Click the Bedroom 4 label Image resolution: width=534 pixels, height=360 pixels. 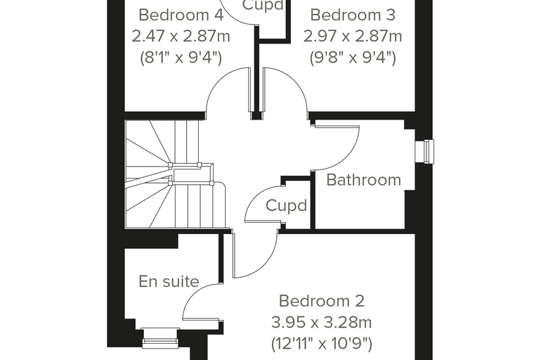181,15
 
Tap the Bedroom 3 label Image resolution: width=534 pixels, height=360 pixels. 353,15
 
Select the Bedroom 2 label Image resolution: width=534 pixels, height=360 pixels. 322,301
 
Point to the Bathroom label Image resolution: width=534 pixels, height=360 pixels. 364,180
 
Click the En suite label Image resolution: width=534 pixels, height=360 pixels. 169,281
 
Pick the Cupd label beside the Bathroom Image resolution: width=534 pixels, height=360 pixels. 286,205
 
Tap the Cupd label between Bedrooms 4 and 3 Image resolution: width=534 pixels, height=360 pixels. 263,5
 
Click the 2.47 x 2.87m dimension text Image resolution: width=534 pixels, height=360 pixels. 181,36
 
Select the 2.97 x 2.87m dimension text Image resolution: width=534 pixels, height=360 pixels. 353,36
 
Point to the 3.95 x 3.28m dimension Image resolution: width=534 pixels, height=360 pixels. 322,322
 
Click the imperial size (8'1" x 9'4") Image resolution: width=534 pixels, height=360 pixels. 181,57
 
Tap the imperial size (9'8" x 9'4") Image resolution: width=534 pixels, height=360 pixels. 353,57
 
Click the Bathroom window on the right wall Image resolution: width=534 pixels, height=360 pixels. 424,152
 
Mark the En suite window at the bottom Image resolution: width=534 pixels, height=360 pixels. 160,338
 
